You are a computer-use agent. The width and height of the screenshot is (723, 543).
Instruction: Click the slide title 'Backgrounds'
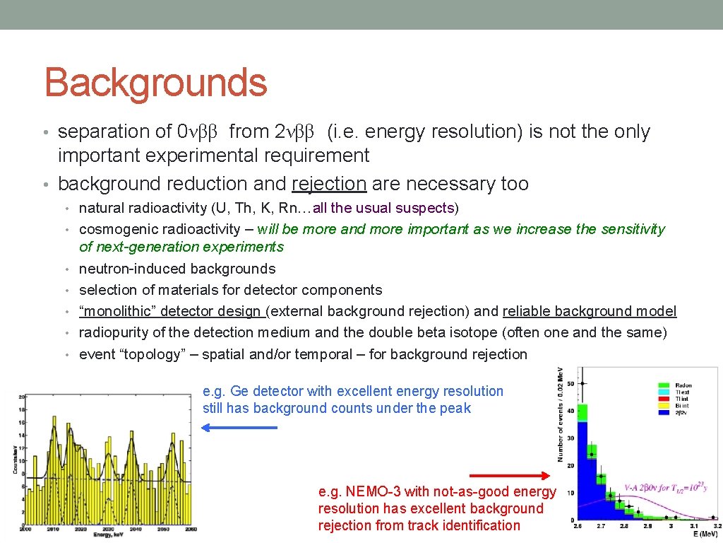[155, 83]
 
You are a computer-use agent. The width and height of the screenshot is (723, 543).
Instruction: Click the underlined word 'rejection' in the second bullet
[328, 184]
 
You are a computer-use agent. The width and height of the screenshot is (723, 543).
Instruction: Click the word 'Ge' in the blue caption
[237, 391]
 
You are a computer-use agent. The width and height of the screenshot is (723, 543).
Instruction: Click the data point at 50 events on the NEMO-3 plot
[582, 383]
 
